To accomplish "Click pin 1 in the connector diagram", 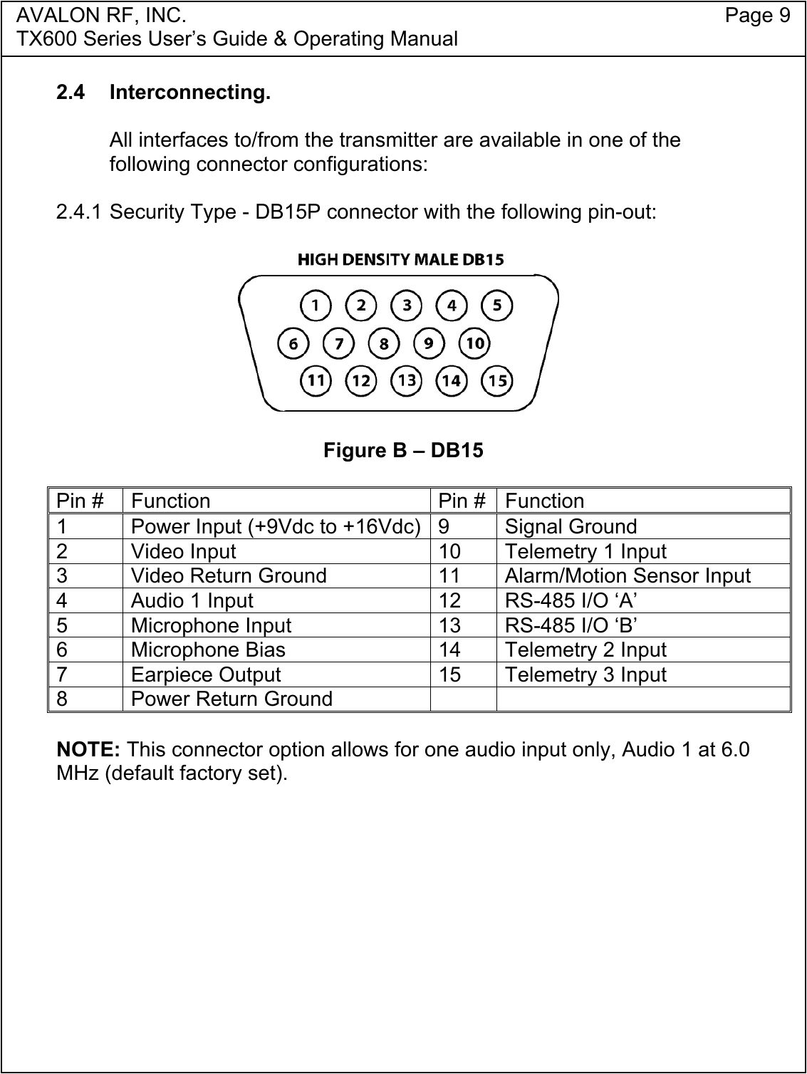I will (x=316, y=306).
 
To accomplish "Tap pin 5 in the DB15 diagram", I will (x=498, y=306).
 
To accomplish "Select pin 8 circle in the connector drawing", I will (x=384, y=343).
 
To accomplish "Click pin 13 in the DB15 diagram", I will (x=407, y=380).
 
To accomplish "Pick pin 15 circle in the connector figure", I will (x=498, y=380).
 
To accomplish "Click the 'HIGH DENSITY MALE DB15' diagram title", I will (x=400, y=260).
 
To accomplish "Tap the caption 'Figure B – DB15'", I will (x=403, y=451).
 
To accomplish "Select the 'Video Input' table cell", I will (x=184, y=551).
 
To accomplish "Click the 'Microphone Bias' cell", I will (x=208, y=650).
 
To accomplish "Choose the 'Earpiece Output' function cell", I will (x=206, y=674).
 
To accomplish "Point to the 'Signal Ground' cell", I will (x=571, y=526).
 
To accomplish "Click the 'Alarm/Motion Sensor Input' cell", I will (x=628, y=575).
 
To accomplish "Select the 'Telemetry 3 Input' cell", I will (x=585, y=674).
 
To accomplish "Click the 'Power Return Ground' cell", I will (x=231, y=699).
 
